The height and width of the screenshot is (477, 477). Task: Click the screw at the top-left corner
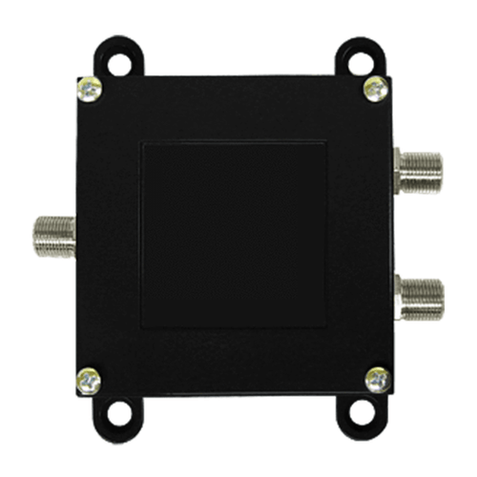[90, 91]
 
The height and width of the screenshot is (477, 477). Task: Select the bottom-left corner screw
[89, 379]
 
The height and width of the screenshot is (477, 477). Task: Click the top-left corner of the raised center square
[142, 144]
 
